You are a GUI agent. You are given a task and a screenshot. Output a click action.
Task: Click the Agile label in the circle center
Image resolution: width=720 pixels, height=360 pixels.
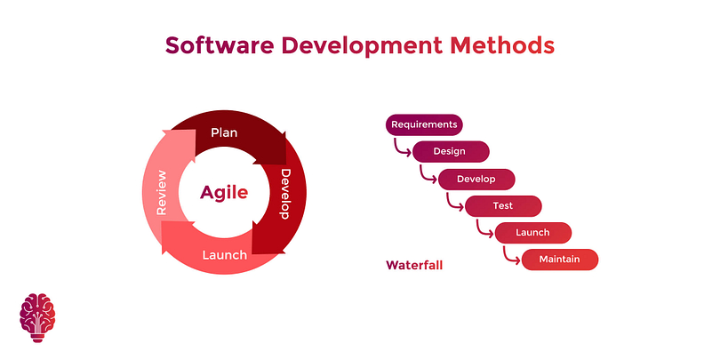coord(224,192)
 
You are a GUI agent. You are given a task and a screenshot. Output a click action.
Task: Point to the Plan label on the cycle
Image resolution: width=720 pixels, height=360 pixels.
coord(224,132)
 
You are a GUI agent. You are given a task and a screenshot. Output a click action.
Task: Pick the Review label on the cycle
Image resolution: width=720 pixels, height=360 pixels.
coord(161,192)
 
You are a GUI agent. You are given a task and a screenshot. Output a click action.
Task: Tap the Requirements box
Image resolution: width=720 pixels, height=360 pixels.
coord(424,124)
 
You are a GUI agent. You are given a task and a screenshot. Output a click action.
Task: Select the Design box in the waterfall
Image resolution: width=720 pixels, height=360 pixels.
coord(451,151)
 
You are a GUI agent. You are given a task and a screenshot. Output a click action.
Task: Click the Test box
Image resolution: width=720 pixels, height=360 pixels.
coord(503,205)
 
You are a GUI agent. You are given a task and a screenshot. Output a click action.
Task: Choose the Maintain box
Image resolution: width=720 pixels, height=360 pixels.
coord(560,260)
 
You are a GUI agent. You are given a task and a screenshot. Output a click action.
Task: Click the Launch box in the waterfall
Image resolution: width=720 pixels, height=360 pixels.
coord(533,233)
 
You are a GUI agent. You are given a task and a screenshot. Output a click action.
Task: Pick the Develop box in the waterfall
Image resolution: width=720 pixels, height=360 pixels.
coord(476,179)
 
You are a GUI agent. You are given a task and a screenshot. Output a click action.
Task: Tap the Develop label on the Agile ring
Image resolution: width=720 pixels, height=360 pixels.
coord(285,194)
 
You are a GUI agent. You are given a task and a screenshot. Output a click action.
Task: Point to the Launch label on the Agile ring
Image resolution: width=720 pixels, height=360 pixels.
coord(225,255)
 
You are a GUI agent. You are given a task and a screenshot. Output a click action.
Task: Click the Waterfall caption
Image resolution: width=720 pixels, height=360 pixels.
coord(414,266)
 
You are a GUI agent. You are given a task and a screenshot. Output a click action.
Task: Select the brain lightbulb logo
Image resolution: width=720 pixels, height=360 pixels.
coord(37,317)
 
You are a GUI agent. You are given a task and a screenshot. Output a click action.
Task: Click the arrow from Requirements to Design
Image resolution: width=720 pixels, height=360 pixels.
coord(398,149)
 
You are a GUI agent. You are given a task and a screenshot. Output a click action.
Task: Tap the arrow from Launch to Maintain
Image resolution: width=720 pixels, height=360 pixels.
coord(508,258)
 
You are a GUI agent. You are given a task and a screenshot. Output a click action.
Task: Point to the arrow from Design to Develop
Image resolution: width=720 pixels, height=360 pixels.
coord(425,177)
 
